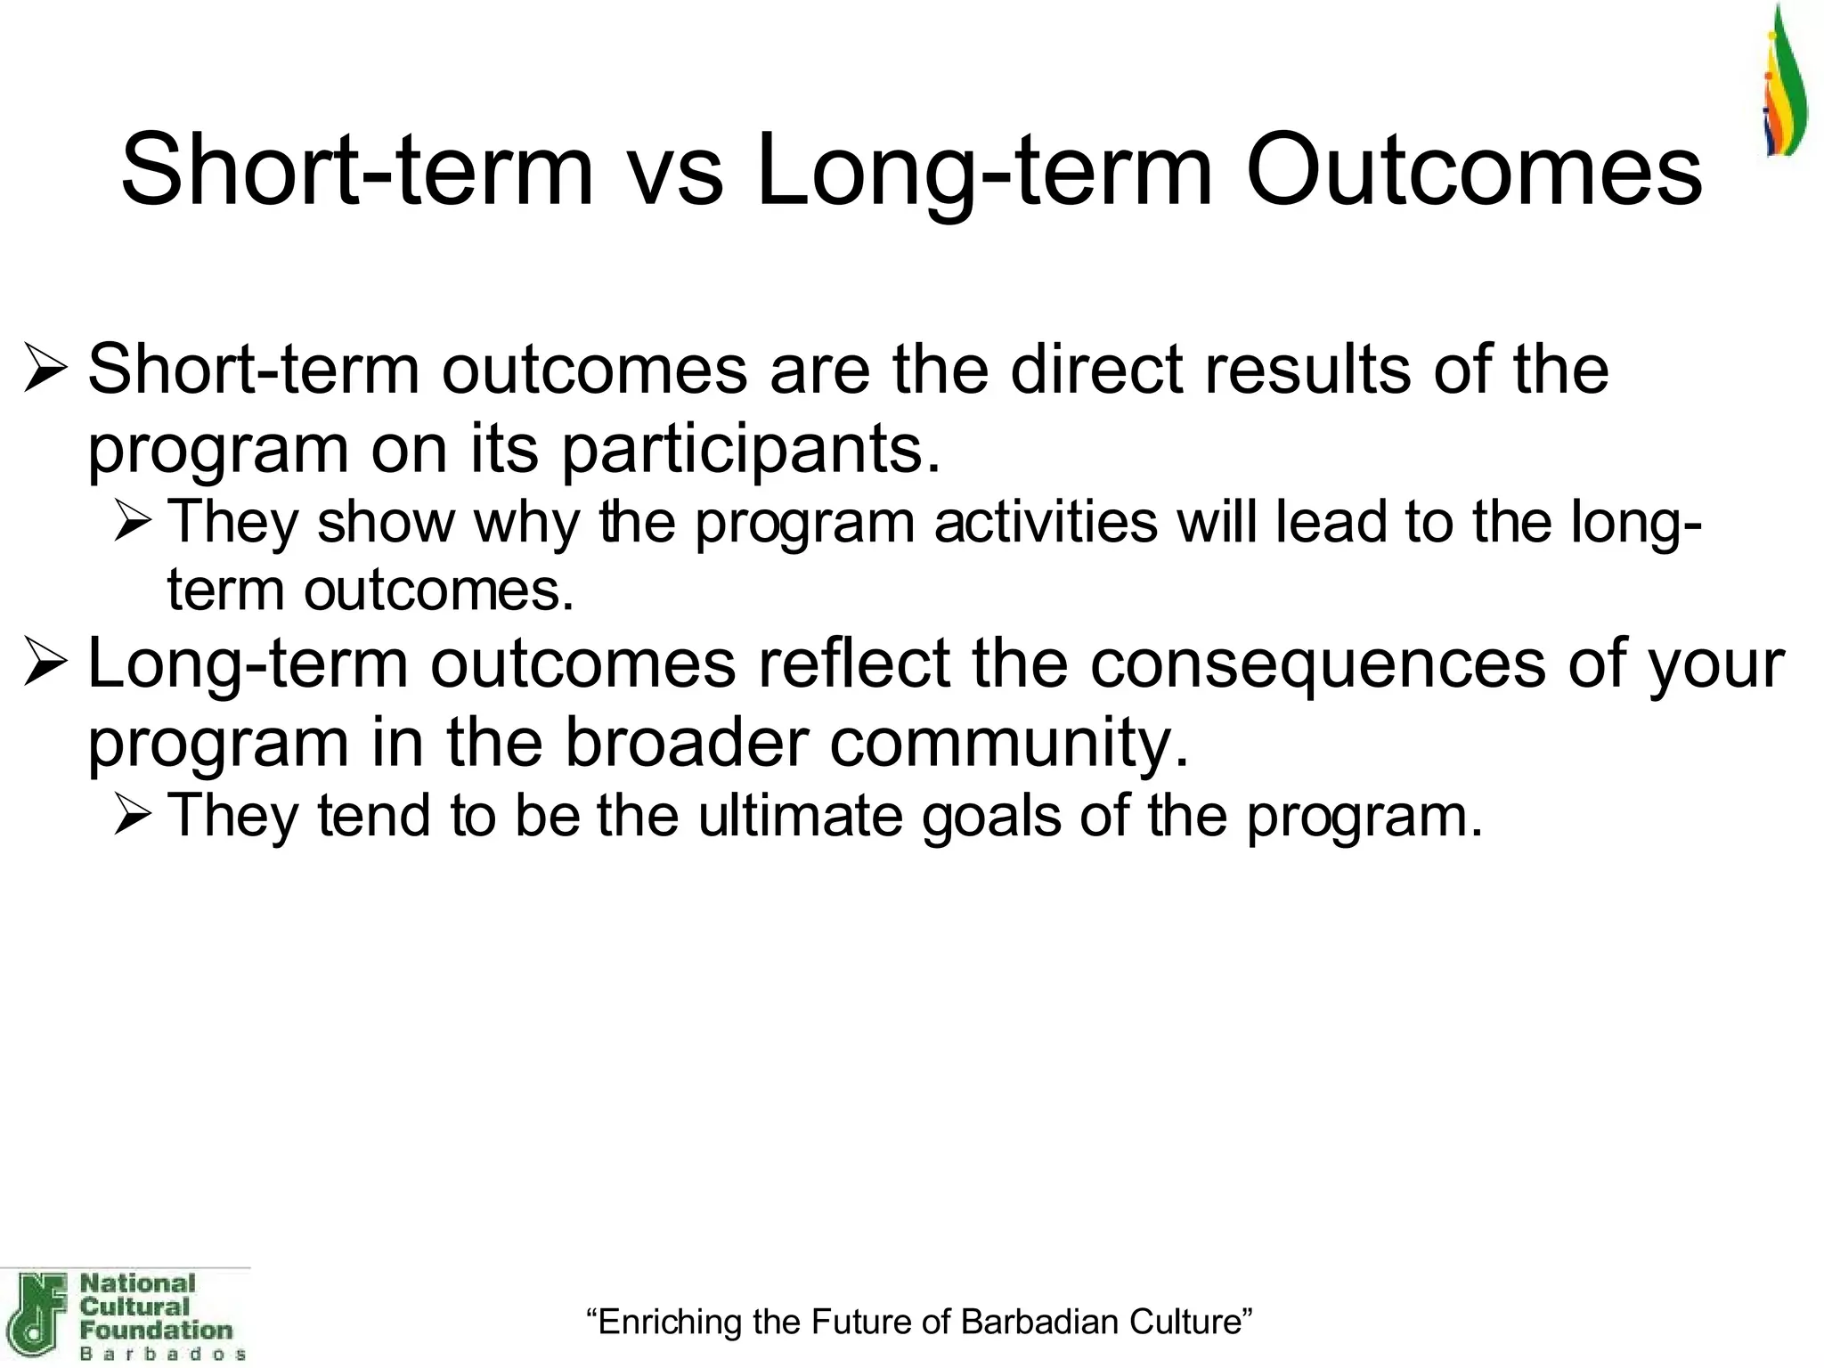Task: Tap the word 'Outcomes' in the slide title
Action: [1473, 171]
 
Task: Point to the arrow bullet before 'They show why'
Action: [134, 523]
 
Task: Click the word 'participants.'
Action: [751, 450]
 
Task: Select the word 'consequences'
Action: [1318, 664]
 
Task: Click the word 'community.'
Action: [1009, 743]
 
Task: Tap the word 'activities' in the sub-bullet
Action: [1046, 522]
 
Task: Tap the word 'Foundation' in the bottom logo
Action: [156, 1330]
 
